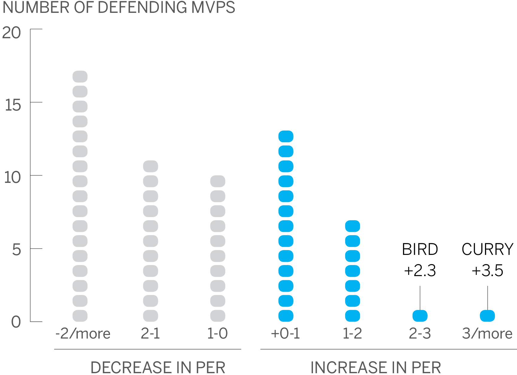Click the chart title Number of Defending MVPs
tap(119, 8)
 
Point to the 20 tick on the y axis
tap(11, 33)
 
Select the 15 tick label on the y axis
tap(13, 105)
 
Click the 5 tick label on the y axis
tap(16, 250)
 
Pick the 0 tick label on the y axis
tap(16, 322)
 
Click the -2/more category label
tap(83, 333)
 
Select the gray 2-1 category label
tap(150, 333)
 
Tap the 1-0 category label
tap(218, 333)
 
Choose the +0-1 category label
tap(285, 333)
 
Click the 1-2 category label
tap(352, 333)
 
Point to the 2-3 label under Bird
tap(420, 333)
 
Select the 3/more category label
tap(487, 333)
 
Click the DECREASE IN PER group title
tap(158, 367)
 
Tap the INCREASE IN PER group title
tap(376, 367)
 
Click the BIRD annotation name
tap(420, 250)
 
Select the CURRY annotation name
tap(487, 250)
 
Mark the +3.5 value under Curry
tap(487, 271)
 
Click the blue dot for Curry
tap(487, 316)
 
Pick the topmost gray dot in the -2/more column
tap(80, 77)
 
